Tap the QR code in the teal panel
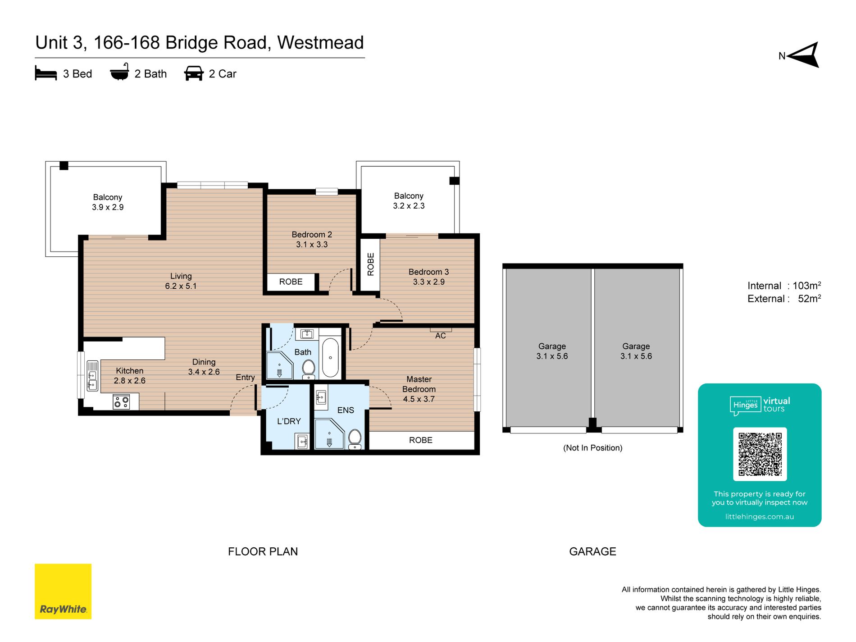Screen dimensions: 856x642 (x=760, y=454)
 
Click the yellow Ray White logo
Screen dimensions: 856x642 (x=63, y=591)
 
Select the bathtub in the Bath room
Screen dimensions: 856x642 (x=330, y=357)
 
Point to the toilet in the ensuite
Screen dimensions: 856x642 (x=355, y=439)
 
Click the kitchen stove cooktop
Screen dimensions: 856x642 (x=121, y=401)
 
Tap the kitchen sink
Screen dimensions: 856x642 (x=92, y=375)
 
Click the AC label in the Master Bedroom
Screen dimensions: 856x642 (x=441, y=336)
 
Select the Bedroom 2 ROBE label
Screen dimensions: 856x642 (x=291, y=282)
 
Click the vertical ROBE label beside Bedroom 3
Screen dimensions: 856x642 (x=370, y=264)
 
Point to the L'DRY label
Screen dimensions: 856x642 (x=289, y=421)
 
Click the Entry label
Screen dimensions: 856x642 (x=245, y=378)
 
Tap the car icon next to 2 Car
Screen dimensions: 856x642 (x=194, y=73)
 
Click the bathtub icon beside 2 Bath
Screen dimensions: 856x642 (x=119, y=72)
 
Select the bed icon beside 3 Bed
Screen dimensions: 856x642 (x=46, y=73)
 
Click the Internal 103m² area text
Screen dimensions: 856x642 (x=784, y=286)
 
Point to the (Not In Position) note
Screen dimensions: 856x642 (x=592, y=448)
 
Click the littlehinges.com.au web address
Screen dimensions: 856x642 (x=760, y=517)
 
